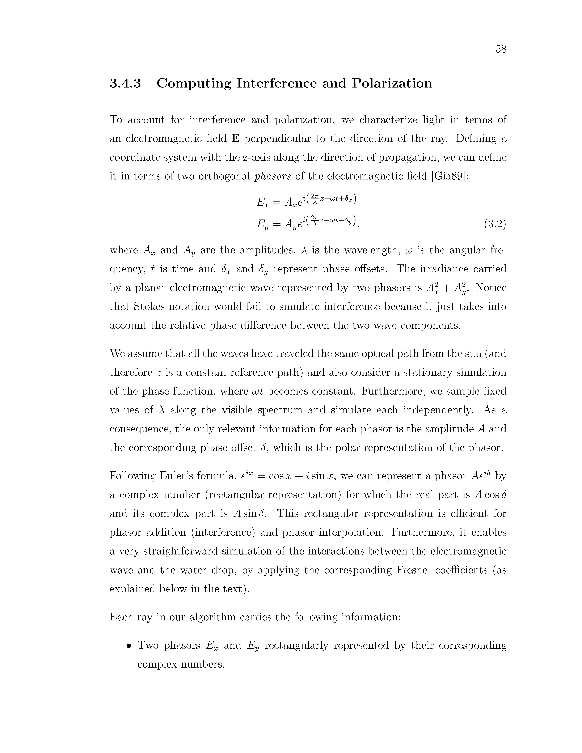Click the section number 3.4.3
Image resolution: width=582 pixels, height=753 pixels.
coord(125,83)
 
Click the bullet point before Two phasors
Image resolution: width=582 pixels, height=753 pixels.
coord(129,646)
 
